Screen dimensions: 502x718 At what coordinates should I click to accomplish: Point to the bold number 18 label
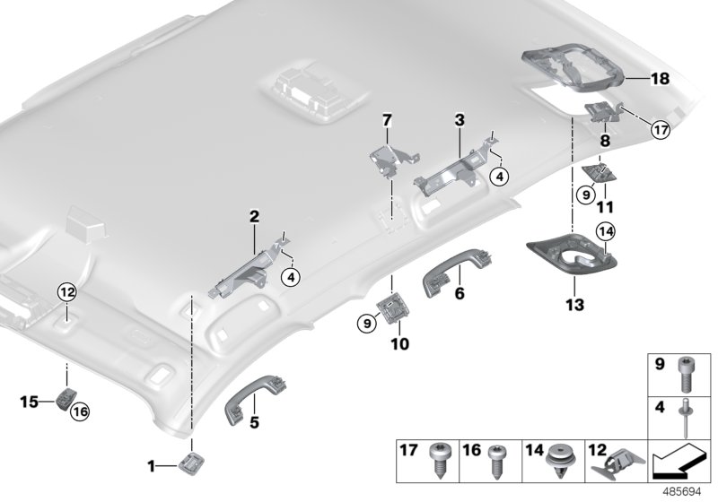(660, 80)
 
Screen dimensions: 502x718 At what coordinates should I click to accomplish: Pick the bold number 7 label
(387, 119)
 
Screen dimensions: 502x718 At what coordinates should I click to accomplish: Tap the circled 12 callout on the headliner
(68, 290)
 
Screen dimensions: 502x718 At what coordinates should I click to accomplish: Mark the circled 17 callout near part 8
(661, 130)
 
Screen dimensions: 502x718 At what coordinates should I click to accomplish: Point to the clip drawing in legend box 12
(616, 461)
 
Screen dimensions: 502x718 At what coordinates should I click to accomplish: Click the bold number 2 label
(254, 216)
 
